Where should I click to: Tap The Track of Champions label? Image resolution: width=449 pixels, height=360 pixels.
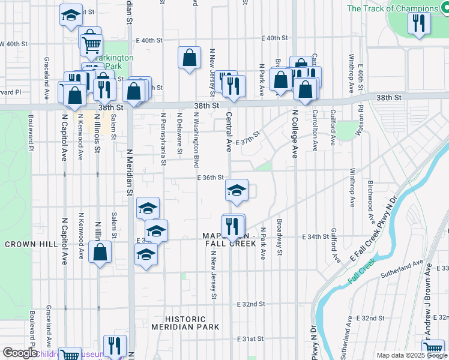click(393, 8)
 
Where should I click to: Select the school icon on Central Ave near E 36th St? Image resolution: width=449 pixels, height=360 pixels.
click(237, 190)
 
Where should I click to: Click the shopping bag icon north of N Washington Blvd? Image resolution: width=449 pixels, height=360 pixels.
click(189, 58)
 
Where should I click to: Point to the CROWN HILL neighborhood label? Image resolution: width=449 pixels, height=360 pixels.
click(25, 245)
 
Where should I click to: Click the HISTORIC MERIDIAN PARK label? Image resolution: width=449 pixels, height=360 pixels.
click(185, 323)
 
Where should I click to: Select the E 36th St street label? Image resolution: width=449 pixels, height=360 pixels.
click(210, 178)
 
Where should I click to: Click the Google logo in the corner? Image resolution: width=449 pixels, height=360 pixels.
click(20, 353)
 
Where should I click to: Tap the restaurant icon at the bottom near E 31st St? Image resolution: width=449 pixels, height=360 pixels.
click(114, 345)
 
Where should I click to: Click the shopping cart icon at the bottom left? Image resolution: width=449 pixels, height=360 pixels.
click(70, 355)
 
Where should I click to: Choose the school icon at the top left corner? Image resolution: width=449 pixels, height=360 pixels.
click(71, 14)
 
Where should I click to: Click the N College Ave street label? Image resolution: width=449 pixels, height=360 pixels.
click(295, 133)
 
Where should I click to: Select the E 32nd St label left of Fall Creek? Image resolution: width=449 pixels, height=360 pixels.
click(251, 304)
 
